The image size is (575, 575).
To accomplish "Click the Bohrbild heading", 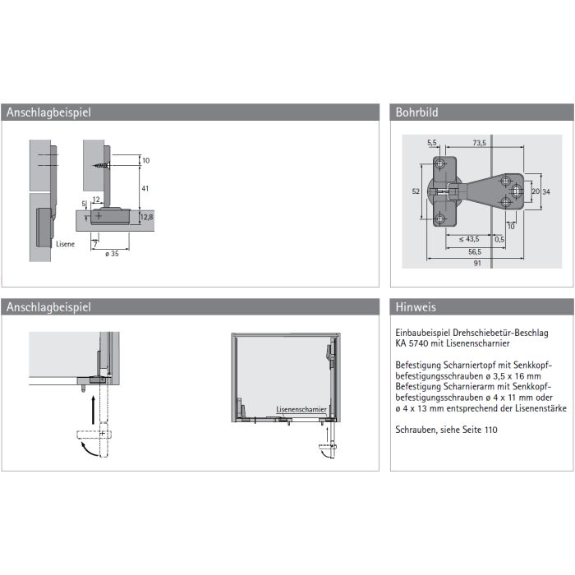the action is [x=416, y=113].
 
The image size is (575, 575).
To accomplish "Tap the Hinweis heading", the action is [x=416, y=307].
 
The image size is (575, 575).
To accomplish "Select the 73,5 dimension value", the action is [x=479, y=143].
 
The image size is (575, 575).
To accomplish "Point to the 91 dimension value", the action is [x=477, y=263].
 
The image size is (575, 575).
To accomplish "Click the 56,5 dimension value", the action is [x=475, y=252].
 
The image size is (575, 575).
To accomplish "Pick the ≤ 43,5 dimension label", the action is [x=469, y=239].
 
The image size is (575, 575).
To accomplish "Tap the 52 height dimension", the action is [x=416, y=191].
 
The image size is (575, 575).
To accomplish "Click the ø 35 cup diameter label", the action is [x=112, y=254].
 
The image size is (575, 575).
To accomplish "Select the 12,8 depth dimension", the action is [x=147, y=217].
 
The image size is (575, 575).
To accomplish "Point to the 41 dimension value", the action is [x=145, y=188].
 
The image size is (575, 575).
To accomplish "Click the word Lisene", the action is [x=65, y=244].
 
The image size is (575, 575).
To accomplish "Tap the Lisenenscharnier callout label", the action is [x=301, y=409].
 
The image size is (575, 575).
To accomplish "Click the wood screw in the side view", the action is [x=102, y=165].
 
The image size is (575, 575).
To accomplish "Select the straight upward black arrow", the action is [x=94, y=409].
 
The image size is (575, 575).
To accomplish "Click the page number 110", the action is [x=490, y=430].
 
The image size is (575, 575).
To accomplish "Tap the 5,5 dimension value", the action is [x=431, y=143].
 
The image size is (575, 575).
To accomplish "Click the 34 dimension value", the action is [x=546, y=191].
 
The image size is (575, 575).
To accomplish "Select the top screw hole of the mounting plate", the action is [x=440, y=164].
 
